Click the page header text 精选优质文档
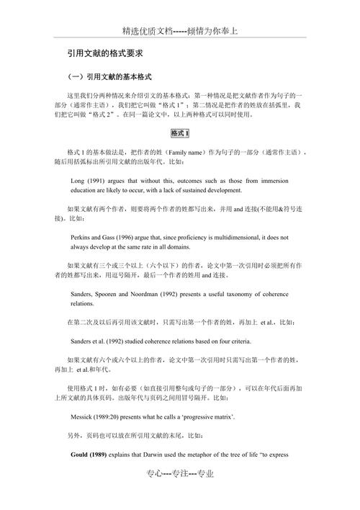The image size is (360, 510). point(148,31)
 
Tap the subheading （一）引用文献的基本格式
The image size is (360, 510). point(109,77)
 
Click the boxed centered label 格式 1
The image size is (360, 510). point(180,133)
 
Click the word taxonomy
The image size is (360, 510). point(243,293)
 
